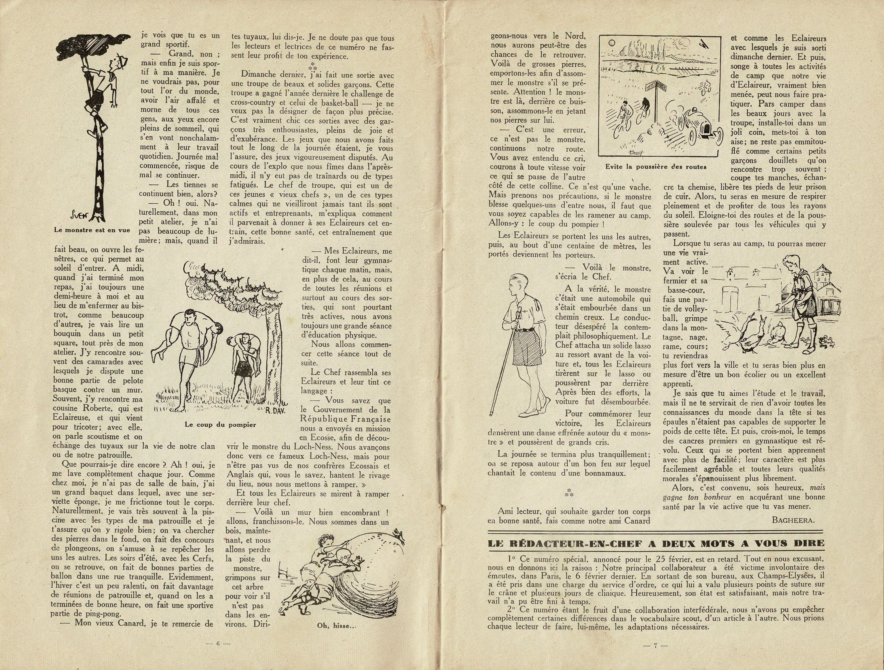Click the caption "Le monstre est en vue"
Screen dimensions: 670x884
pyautogui.click(x=92, y=230)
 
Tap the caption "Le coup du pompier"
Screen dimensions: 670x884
pyautogui.click(x=220, y=425)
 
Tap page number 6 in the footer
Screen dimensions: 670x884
pyautogui.click(x=218, y=644)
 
